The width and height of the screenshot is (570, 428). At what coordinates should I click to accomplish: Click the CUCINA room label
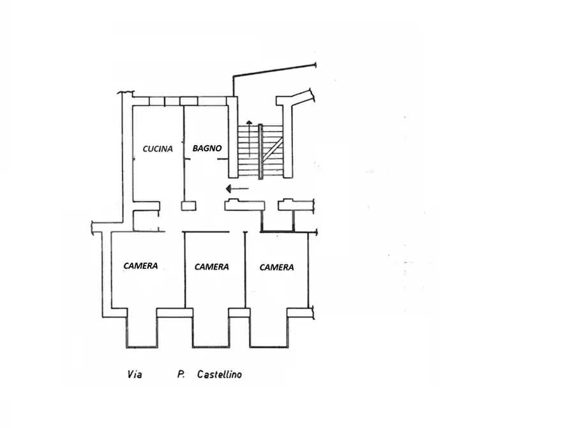point(158,148)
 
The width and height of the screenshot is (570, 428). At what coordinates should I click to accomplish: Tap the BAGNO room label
point(207,148)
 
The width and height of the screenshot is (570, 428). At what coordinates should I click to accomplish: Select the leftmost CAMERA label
point(140,266)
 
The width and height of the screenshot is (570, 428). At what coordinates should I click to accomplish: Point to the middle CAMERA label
point(211,267)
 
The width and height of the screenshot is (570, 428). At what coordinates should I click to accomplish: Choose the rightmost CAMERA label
point(276,268)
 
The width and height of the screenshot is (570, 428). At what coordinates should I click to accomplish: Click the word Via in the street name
point(135,374)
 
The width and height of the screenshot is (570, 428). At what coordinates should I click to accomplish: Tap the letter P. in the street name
point(181,374)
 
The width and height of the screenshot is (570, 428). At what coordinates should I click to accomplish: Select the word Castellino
point(219,374)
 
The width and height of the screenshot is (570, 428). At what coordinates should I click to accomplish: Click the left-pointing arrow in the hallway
point(237,188)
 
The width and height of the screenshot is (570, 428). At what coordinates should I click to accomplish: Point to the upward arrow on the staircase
point(249,138)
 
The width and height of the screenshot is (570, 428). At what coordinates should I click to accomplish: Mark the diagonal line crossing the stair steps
point(273,150)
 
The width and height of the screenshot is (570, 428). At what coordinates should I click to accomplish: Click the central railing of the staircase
point(260,151)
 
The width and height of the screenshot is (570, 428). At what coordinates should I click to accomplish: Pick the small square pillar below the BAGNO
point(189,206)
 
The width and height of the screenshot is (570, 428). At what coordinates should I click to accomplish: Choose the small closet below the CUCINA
point(146,220)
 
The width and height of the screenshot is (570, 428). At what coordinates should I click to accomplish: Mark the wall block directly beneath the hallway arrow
point(244,205)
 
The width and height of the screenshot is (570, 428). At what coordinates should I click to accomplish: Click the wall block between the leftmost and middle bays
point(174,312)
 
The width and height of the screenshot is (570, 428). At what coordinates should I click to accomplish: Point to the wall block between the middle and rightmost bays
point(239,312)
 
